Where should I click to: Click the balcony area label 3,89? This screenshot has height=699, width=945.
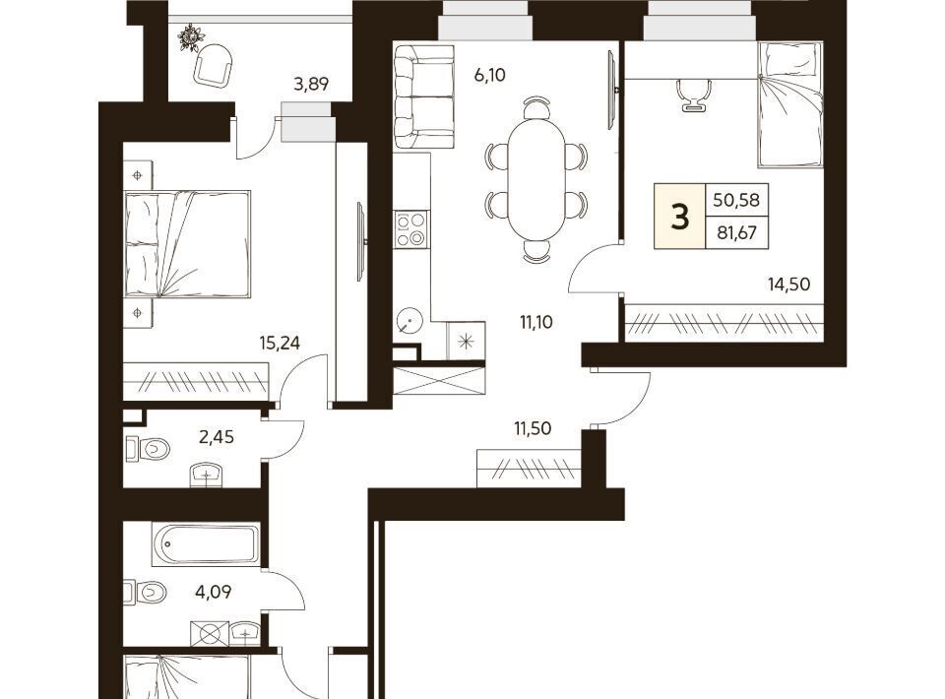(311, 83)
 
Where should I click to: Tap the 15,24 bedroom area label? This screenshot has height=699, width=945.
(280, 343)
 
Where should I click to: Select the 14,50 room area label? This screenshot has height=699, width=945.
(788, 284)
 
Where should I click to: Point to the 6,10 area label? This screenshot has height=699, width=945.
(489, 76)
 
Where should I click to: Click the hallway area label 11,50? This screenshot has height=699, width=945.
(533, 428)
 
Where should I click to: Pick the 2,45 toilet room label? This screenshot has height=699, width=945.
(217, 436)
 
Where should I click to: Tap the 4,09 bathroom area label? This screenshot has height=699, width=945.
(214, 592)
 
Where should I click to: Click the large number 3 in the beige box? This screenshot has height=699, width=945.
(680, 217)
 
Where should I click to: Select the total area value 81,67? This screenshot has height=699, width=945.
(736, 232)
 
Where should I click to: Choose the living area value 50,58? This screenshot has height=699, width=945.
(736, 200)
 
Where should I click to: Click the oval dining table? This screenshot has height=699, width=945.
(536, 179)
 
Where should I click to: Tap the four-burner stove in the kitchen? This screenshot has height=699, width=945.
(410, 229)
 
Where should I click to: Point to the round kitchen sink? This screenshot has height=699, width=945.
(409, 321)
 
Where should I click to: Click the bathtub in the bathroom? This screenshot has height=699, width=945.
(205, 544)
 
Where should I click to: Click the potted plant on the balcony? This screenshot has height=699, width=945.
(188, 38)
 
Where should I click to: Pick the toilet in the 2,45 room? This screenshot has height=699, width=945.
(149, 448)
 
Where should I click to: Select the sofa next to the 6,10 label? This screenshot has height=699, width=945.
(422, 97)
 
